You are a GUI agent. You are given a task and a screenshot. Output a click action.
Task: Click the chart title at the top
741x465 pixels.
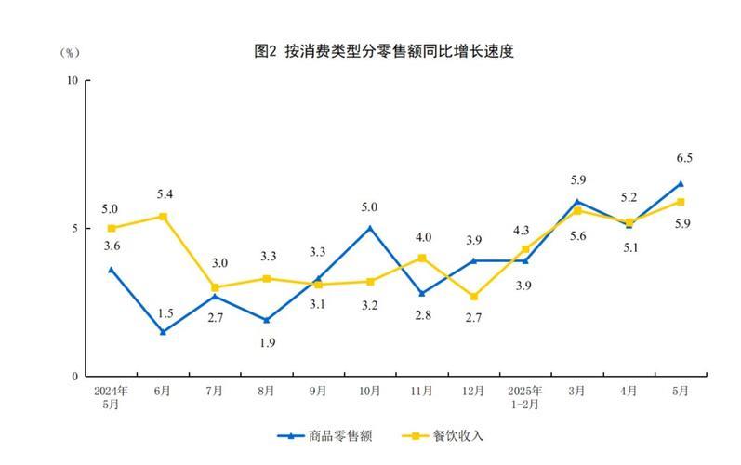pos(383,52)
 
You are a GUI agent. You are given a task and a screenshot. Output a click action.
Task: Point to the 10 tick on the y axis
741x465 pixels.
pos(73,80)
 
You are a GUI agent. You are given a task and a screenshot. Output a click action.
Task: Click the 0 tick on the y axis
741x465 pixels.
pos(75,377)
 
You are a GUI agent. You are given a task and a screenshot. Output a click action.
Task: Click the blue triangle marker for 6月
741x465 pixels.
pos(163,331)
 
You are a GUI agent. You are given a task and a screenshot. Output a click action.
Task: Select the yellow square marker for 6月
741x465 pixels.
pos(163,217)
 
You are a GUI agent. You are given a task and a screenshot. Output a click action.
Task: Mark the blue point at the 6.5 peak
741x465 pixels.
pos(680,183)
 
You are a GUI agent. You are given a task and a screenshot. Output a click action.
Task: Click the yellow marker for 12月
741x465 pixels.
pos(473,297)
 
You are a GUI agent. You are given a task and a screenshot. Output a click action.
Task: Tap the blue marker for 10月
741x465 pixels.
pos(370,228)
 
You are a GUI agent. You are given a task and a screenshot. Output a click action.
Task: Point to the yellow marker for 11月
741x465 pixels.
pos(421,258)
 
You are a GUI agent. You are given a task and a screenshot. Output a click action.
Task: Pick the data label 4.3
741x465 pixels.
pos(521,230)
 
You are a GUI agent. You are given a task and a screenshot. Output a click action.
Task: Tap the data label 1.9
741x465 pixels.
pos(267,342)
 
